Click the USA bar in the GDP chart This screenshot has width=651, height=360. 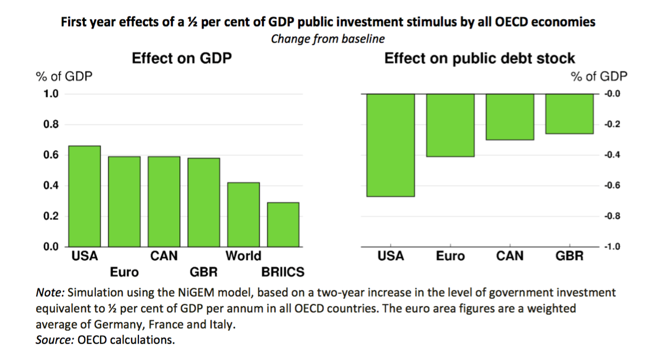(85, 196)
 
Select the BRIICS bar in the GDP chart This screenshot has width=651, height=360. (283, 224)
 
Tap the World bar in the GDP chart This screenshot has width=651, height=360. (243, 215)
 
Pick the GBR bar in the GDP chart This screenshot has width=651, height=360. (204, 202)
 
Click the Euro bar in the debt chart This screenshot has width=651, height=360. (450, 125)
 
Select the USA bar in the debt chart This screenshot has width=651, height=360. (391, 145)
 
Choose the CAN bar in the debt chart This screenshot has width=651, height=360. (510, 117)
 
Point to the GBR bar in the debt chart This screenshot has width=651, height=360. (570, 113)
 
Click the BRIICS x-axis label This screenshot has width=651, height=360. (283, 272)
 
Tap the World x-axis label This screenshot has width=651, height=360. (243, 256)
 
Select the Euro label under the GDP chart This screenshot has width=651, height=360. (125, 272)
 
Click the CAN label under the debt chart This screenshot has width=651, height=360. (510, 256)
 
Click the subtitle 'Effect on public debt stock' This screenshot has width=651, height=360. (480, 58)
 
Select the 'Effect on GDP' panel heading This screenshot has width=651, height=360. (182, 58)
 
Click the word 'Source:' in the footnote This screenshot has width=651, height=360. (55, 339)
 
